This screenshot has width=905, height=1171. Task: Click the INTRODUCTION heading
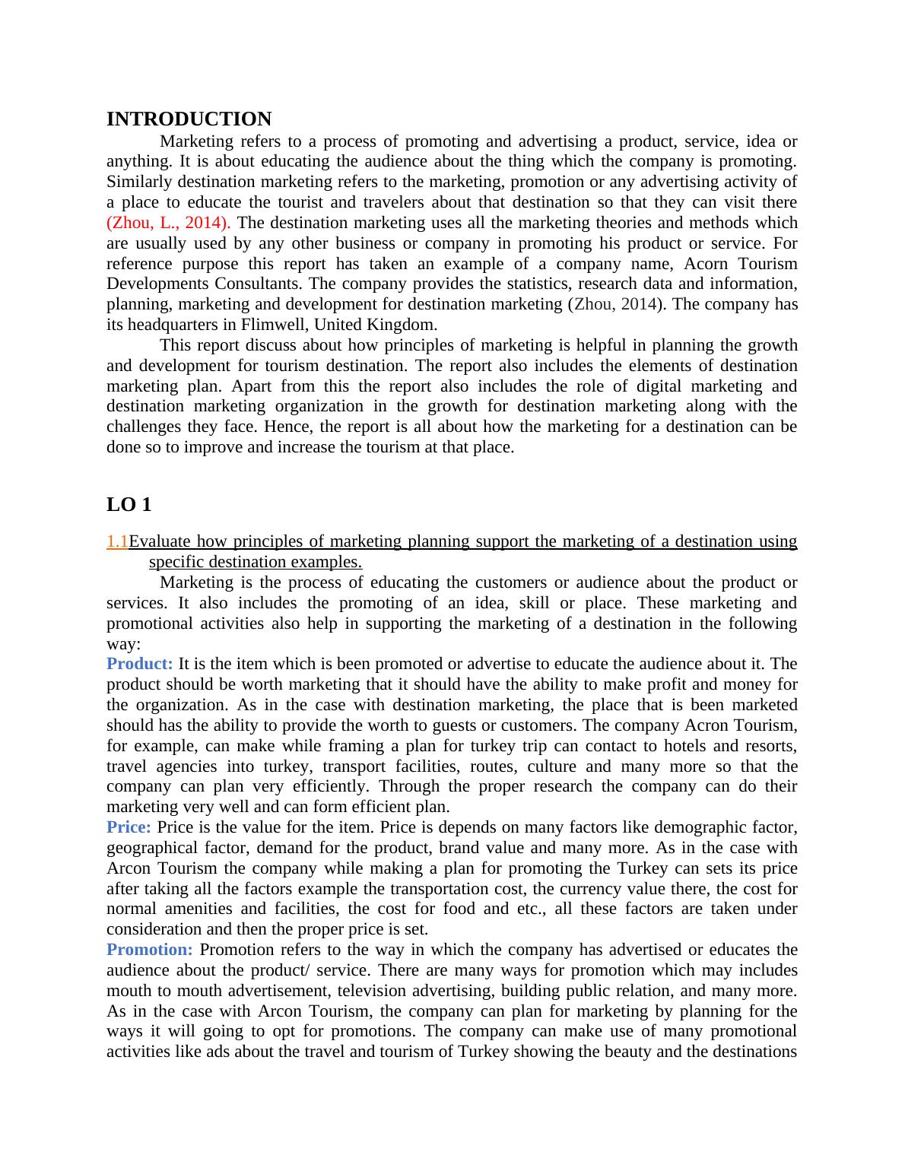coord(189,119)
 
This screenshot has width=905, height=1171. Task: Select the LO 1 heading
coord(129,504)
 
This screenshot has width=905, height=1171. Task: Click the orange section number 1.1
coord(117,541)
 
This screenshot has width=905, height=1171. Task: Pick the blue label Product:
coord(140,664)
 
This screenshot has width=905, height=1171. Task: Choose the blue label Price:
coord(129,827)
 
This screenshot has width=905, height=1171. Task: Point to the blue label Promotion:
coord(150,950)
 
